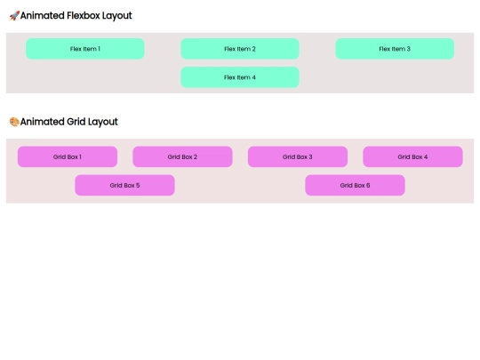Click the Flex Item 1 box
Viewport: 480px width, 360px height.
click(x=85, y=49)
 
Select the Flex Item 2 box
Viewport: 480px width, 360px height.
click(x=240, y=49)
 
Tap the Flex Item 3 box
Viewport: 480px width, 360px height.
click(x=395, y=49)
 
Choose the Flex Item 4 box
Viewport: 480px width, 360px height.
click(x=240, y=77)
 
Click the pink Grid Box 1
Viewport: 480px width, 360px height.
click(x=68, y=156)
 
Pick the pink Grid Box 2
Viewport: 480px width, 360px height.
click(x=182, y=156)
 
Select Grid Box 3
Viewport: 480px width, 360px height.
click(x=298, y=156)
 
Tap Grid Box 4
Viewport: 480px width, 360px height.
click(x=412, y=156)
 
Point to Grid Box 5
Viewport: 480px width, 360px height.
click(x=124, y=185)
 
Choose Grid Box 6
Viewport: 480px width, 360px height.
click(x=355, y=185)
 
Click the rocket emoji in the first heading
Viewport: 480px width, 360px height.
click(x=14, y=16)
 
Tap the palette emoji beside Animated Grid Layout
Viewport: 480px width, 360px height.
click(x=14, y=122)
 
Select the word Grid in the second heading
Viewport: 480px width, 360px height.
click(x=76, y=122)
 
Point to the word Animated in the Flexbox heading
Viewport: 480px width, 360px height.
click(x=43, y=16)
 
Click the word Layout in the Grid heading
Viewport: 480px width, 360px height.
click(x=103, y=122)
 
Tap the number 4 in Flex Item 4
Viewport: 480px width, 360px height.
click(x=253, y=77)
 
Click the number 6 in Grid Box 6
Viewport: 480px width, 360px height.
click(x=368, y=185)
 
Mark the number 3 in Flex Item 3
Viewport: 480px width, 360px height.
click(x=408, y=49)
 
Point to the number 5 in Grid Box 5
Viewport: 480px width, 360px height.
click(x=138, y=185)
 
